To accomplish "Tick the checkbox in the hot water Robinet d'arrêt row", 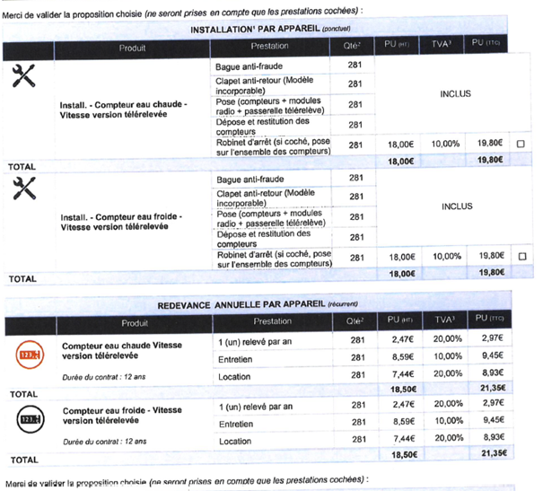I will coord(521,145).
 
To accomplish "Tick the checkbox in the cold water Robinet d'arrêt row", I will coord(521,257).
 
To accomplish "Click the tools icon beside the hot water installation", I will coord(24,77).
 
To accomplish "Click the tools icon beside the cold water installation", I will coord(24,189).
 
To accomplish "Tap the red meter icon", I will coord(28,356).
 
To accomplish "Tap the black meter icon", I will coord(28,419).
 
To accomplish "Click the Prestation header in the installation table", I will coord(270,47).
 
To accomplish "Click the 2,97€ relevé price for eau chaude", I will coord(490,340).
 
